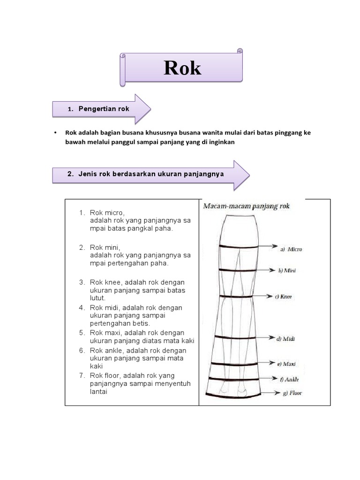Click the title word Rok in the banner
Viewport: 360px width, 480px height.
[x=182, y=68]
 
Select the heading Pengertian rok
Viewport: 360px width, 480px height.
[x=104, y=109]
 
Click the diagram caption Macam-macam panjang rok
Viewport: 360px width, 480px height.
[x=247, y=206]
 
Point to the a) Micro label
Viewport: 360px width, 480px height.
[x=291, y=249]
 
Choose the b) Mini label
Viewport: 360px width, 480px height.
[x=287, y=270]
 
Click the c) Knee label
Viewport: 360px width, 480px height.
[x=284, y=297]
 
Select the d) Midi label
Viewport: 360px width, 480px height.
[x=285, y=338]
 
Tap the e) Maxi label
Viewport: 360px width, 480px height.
[x=286, y=364]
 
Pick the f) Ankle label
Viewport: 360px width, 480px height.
[x=289, y=379]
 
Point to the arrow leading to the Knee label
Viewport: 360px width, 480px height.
[x=263, y=296]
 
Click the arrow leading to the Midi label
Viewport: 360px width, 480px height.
[x=265, y=337]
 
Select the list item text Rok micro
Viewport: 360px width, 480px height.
[x=107, y=212]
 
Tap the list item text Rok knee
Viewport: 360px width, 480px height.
[x=106, y=282]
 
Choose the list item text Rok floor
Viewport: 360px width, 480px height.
[x=106, y=375]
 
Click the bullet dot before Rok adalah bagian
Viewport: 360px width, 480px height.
[x=55, y=133]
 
